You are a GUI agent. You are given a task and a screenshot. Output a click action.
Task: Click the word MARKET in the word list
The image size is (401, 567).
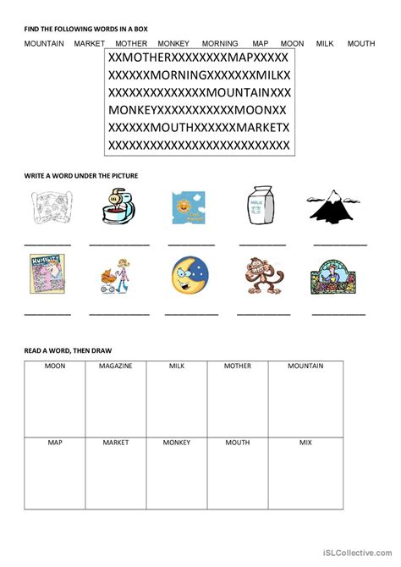click(x=89, y=42)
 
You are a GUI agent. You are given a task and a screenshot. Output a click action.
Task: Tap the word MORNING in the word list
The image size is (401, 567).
click(x=220, y=42)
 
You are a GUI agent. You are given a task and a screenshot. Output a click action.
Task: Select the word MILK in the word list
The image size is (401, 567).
click(x=326, y=42)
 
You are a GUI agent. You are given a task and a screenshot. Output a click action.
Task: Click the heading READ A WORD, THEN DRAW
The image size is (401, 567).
click(x=68, y=350)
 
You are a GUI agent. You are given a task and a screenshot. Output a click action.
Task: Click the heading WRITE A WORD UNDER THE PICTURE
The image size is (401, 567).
click(x=81, y=175)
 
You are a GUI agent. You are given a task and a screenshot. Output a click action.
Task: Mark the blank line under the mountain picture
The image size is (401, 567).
click(x=340, y=244)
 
